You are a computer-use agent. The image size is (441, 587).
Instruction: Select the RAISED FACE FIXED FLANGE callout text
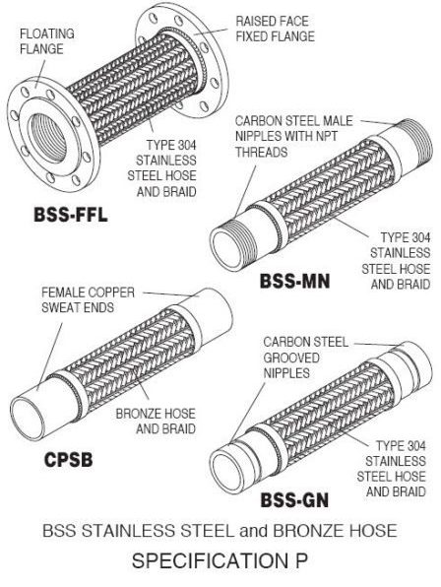275,29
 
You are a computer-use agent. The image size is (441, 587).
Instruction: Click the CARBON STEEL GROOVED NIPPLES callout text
304,357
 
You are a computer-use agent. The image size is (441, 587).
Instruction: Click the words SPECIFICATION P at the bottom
220,564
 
